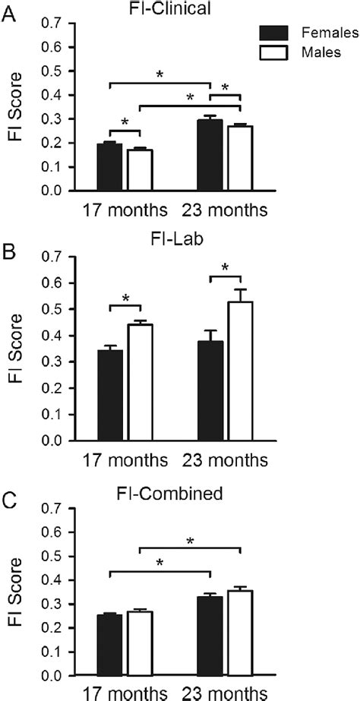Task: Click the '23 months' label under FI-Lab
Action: [225, 459]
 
